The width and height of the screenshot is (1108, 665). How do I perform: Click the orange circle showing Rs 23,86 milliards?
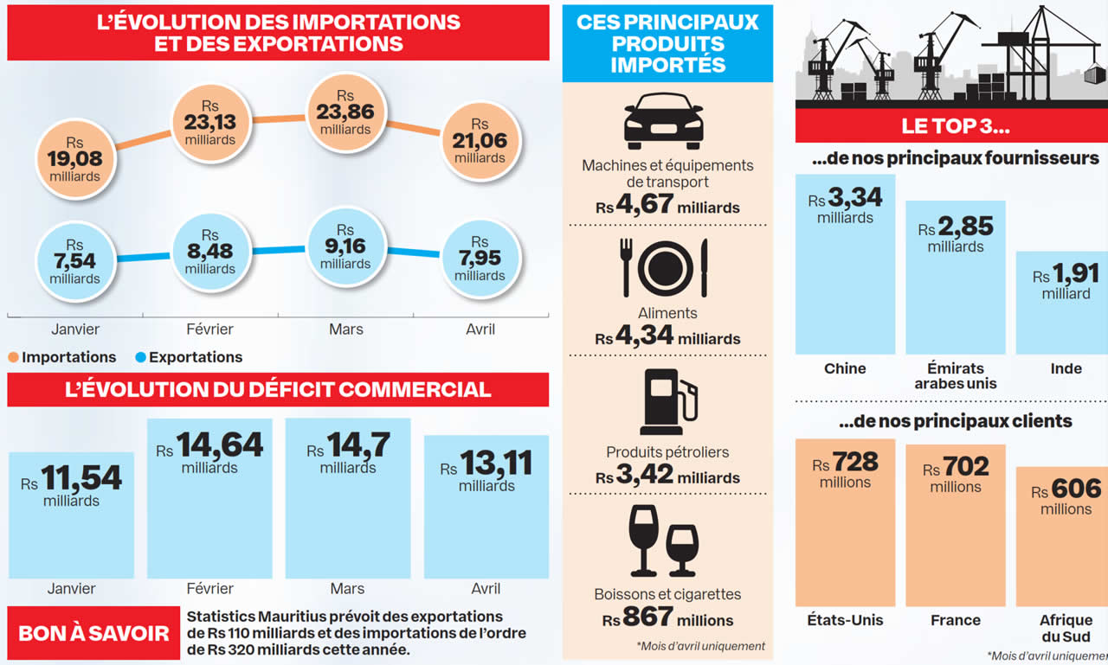(345, 113)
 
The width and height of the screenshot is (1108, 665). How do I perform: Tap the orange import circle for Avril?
(480, 142)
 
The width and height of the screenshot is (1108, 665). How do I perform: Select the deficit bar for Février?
(209, 498)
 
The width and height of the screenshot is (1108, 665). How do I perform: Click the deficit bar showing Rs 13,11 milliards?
(486, 507)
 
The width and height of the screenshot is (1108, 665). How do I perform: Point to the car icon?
(664, 122)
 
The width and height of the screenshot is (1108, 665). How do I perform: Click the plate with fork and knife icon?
(664, 268)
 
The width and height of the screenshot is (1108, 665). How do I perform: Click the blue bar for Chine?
(845, 264)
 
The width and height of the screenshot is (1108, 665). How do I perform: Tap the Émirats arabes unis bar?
(956, 277)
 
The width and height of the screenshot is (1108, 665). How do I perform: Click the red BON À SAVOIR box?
(94, 633)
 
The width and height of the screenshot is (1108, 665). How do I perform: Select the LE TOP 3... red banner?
(951, 125)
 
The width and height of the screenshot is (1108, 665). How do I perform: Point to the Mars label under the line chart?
(346, 329)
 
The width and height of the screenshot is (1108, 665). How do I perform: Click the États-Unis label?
(845, 620)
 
